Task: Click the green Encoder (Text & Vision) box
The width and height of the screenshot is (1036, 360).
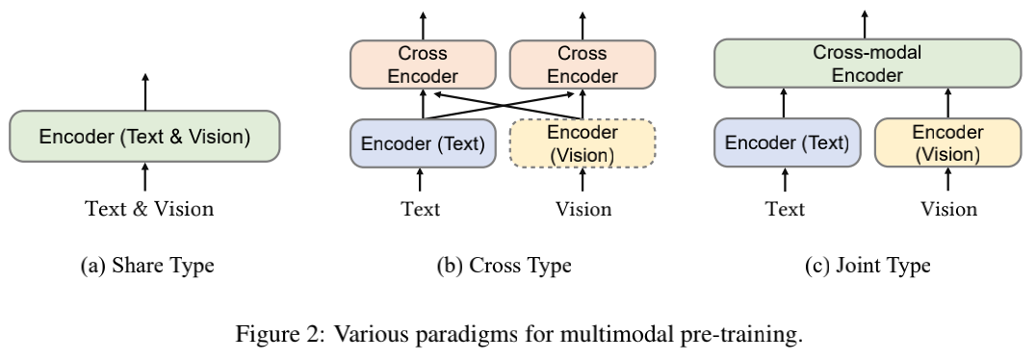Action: (144, 137)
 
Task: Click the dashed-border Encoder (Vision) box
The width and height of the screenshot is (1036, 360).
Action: (583, 143)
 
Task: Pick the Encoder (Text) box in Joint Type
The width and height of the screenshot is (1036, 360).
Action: (787, 143)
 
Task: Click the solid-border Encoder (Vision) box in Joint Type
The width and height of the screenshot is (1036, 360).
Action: (947, 143)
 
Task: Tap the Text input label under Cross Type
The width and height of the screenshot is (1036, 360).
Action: (421, 209)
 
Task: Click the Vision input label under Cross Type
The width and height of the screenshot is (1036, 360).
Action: (583, 209)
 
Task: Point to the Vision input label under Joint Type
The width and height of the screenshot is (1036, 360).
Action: (947, 209)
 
